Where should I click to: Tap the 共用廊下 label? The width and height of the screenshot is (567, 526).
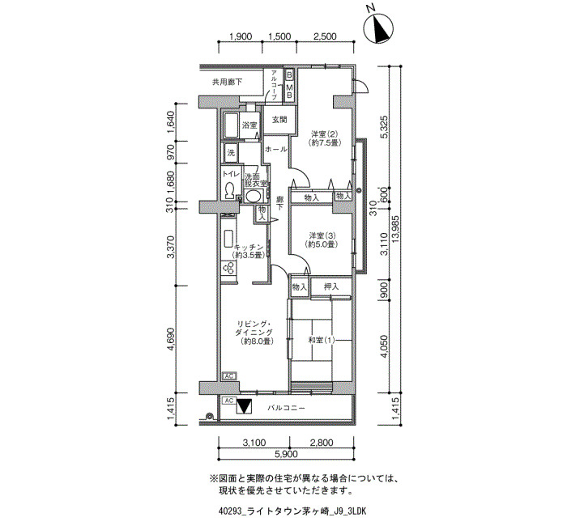tap(227, 82)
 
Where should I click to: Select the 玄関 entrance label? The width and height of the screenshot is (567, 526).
tap(279, 119)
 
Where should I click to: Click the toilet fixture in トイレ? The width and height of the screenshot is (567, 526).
tap(229, 190)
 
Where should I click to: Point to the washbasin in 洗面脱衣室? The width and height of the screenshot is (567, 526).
tap(253, 196)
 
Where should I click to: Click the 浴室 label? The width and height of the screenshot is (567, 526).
tap(249, 125)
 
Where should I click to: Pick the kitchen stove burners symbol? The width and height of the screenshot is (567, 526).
tap(229, 268)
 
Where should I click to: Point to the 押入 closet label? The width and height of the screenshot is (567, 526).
tap(330, 286)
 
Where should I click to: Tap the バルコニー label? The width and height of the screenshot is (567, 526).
tap(286, 408)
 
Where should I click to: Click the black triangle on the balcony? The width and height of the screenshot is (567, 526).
tap(244, 405)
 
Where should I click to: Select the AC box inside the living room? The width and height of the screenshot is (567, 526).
tap(229, 376)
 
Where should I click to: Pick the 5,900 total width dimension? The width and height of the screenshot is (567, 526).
tap(286, 454)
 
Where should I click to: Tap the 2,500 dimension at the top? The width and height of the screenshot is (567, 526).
tap(324, 36)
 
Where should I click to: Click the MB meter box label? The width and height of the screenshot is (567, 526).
tap(289, 91)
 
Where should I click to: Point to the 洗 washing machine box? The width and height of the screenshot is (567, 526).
tap(231, 153)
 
